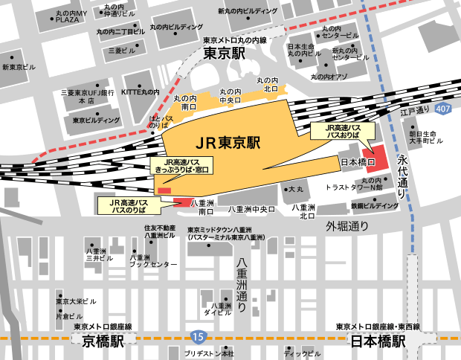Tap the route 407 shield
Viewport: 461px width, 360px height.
444,109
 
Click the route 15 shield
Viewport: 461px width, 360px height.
196,337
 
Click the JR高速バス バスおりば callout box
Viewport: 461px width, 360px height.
338,132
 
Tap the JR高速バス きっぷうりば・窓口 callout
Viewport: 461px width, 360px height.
182,165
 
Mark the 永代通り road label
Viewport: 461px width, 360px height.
402,175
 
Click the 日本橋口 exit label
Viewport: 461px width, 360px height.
355,161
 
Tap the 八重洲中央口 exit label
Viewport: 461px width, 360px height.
251,210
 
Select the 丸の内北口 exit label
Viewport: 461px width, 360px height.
267,84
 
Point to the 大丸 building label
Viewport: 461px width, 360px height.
295,190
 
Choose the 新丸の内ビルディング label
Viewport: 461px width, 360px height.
248,12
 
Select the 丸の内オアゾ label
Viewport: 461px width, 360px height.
329,76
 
